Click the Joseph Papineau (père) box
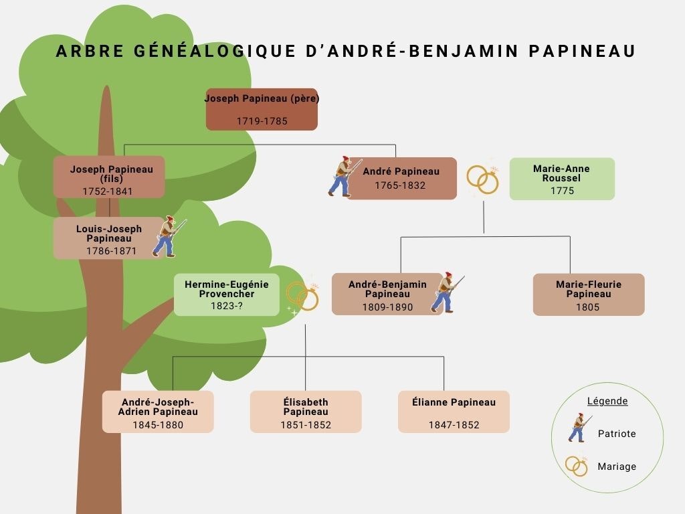tap(262, 109)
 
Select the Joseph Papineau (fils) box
tap(109, 177)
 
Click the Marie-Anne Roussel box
tap(562, 179)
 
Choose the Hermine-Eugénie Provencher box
tap(227, 295)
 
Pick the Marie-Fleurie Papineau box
tap(589, 294)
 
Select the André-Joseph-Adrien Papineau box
tap(158, 412)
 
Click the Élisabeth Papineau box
tap(306, 412)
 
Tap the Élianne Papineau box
tap(454, 412)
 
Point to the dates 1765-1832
tap(400, 185)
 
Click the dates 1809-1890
tap(387, 307)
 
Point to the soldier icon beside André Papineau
tap(344, 176)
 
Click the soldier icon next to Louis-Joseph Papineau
tap(168, 236)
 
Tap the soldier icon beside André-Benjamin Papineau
tap(446, 292)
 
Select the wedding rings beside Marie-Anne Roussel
tap(483, 178)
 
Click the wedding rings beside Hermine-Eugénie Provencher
tap(302, 296)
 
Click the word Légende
tap(607, 401)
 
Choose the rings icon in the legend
tap(577, 466)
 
